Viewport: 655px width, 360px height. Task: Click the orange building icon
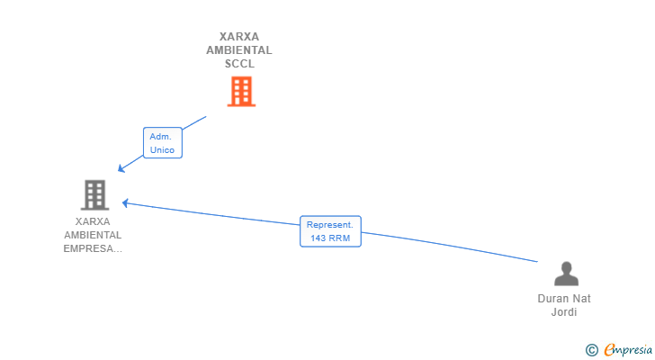[x=241, y=92]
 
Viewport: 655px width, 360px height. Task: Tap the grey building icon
[x=94, y=194]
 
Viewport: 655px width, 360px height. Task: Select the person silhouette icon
[x=566, y=274]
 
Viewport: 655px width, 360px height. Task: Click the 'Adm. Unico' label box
[x=163, y=143]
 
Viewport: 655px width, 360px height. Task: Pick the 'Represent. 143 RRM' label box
[x=330, y=231]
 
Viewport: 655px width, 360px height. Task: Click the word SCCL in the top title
[x=239, y=64]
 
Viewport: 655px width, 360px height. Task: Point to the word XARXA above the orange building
[x=239, y=37]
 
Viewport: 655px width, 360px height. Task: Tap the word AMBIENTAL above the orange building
[x=239, y=50]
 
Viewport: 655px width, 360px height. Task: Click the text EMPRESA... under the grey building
[x=93, y=248]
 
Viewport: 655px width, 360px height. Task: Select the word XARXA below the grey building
[x=93, y=221]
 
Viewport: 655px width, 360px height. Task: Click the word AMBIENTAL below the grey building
[x=93, y=235]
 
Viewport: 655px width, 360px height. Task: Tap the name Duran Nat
[x=564, y=299]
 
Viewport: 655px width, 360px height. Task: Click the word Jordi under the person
[x=564, y=312]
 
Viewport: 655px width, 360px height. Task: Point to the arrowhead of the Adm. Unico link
[x=121, y=168]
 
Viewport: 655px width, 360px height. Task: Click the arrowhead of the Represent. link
[x=125, y=203]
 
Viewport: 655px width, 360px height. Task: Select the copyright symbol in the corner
[x=591, y=350]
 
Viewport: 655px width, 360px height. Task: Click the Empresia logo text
[x=628, y=350]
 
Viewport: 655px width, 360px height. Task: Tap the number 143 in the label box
[x=318, y=238]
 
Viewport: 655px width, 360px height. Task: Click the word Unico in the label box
[x=163, y=150]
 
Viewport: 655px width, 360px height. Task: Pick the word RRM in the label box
[x=339, y=238]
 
